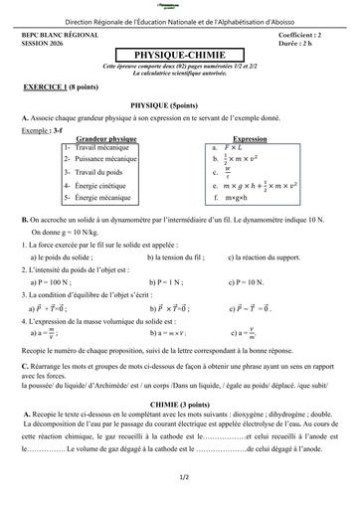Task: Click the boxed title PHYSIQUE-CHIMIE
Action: pyautogui.click(x=179, y=57)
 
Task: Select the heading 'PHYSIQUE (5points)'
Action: pyautogui.click(x=179, y=103)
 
